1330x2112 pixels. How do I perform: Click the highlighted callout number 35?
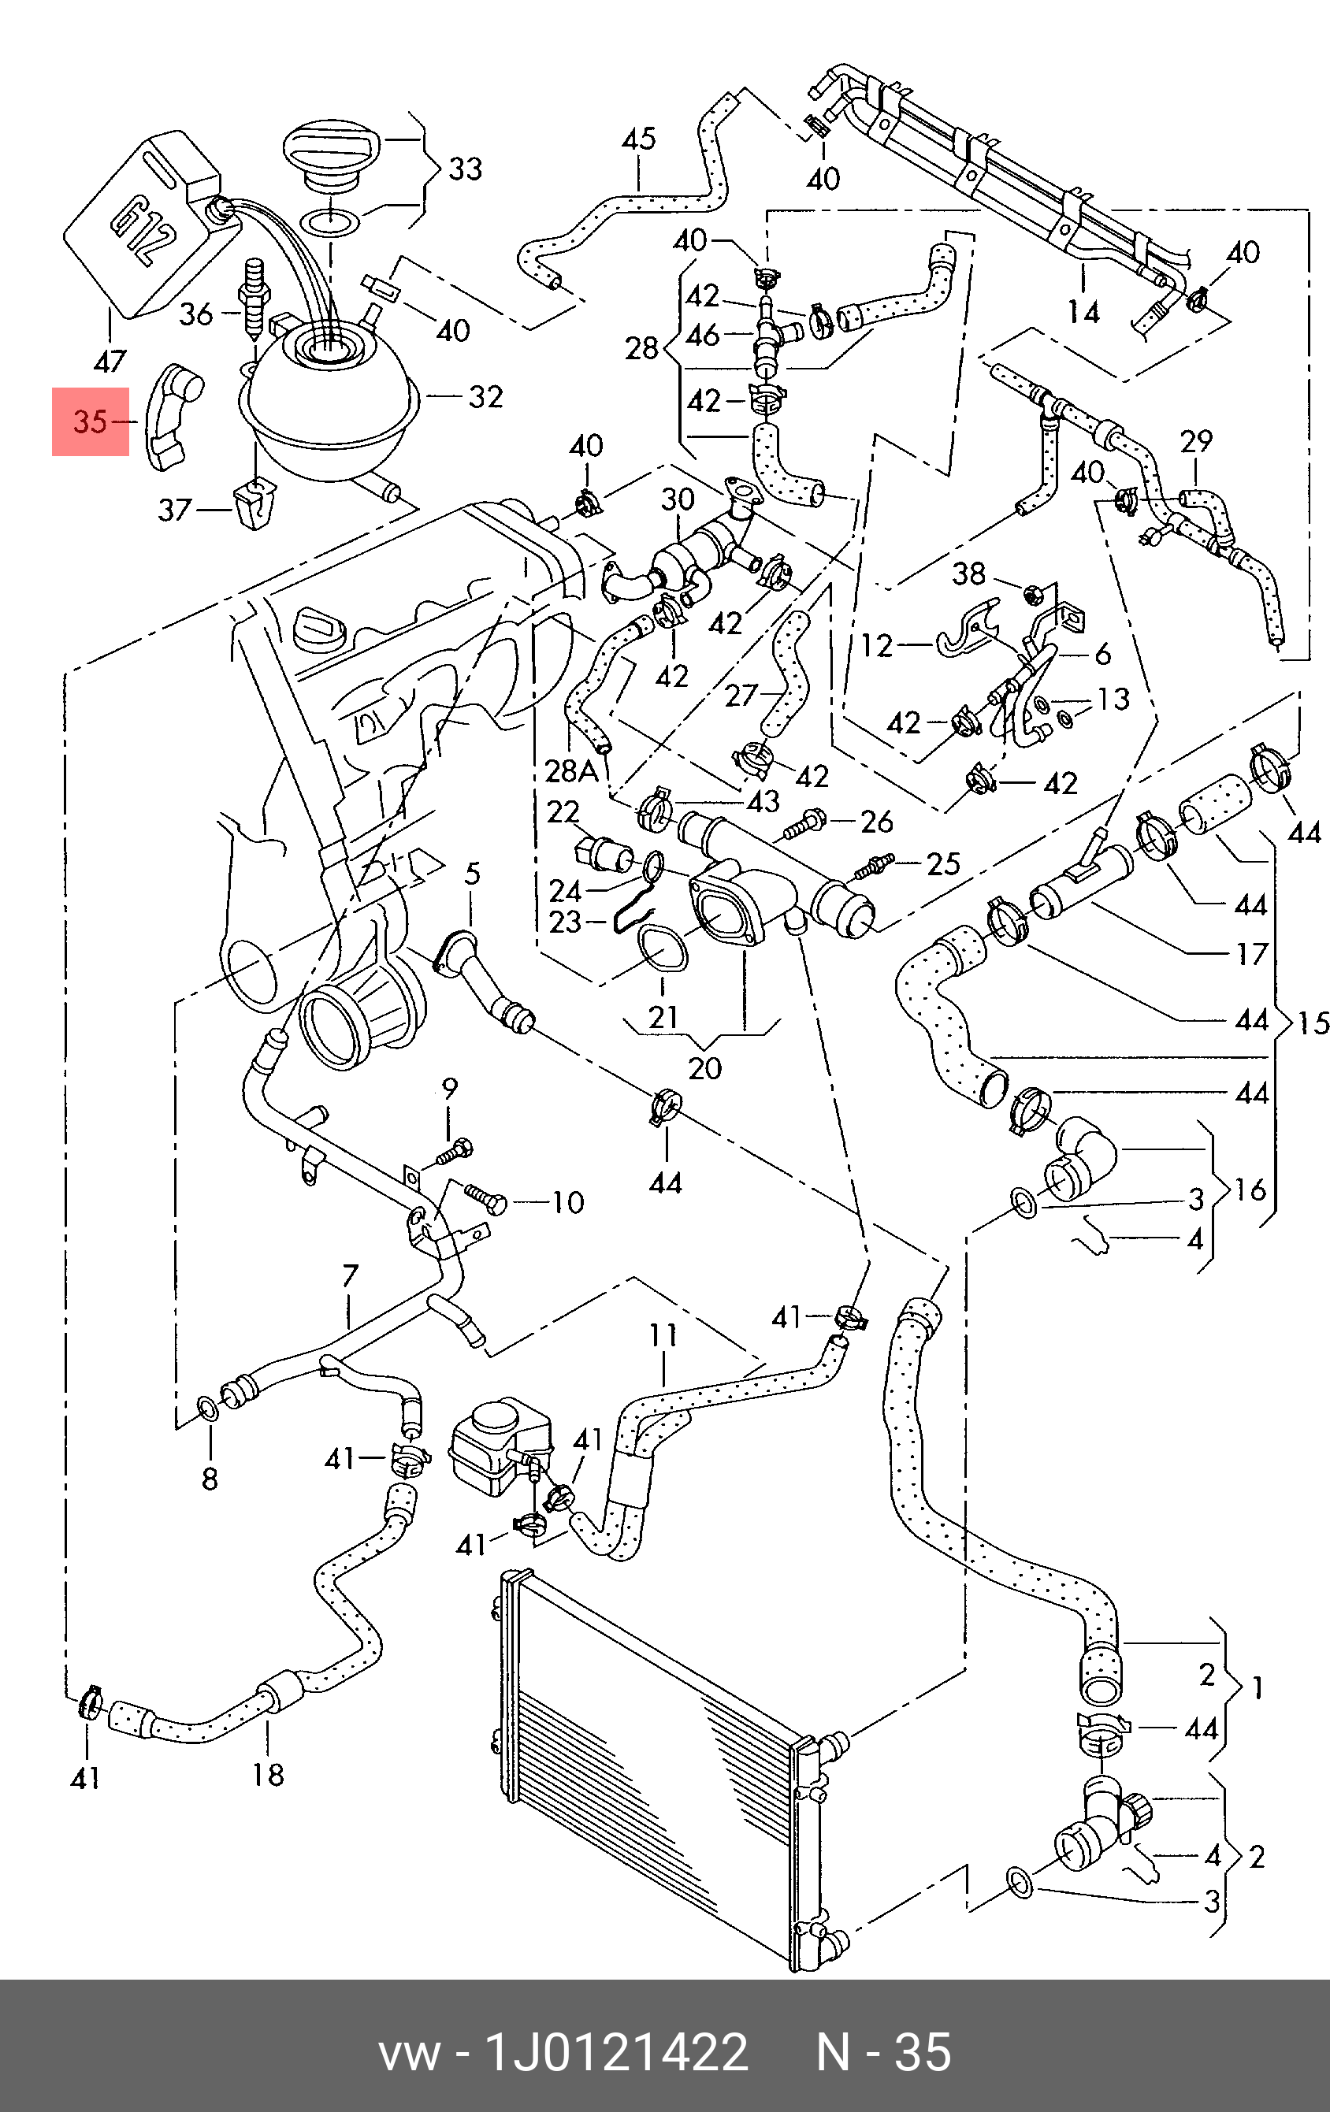[90, 422]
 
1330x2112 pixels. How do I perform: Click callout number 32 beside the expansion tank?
[485, 397]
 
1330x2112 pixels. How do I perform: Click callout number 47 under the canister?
[110, 361]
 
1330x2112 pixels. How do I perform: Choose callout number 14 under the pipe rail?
[1083, 312]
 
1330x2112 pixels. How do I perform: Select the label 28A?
[571, 770]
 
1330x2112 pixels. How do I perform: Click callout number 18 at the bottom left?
[269, 1775]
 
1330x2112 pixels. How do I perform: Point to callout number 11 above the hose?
[663, 1336]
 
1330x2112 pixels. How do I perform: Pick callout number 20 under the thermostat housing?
[704, 1067]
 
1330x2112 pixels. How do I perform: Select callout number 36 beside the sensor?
[195, 313]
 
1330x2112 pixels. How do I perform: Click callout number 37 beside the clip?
[173, 509]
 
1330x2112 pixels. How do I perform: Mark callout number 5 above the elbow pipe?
[472, 874]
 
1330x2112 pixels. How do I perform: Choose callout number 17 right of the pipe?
[1252, 953]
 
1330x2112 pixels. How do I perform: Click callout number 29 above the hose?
[1196, 441]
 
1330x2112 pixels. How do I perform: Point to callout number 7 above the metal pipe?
[350, 1275]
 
